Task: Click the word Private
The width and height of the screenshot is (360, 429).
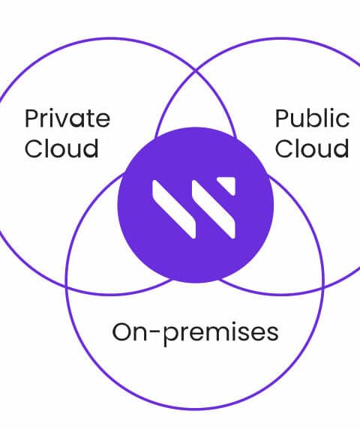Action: (67, 118)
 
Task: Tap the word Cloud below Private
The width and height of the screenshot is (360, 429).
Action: (61, 148)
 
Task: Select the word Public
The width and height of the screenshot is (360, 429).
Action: (312, 118)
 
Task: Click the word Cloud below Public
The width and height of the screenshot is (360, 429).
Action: (312, 148)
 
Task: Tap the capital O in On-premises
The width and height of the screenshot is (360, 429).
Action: (122, 331)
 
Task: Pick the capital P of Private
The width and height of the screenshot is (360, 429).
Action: (31, 118)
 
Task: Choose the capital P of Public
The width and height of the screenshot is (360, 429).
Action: (282, 118)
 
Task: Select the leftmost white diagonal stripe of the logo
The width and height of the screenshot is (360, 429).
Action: (174, 209)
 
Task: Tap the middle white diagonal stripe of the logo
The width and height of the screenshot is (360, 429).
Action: (214, 209)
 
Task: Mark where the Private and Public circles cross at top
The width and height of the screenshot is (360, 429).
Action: (195, 71)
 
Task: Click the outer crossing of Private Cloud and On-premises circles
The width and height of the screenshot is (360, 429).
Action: (67, 287)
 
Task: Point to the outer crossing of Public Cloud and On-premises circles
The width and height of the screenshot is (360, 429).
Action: (323, 287)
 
